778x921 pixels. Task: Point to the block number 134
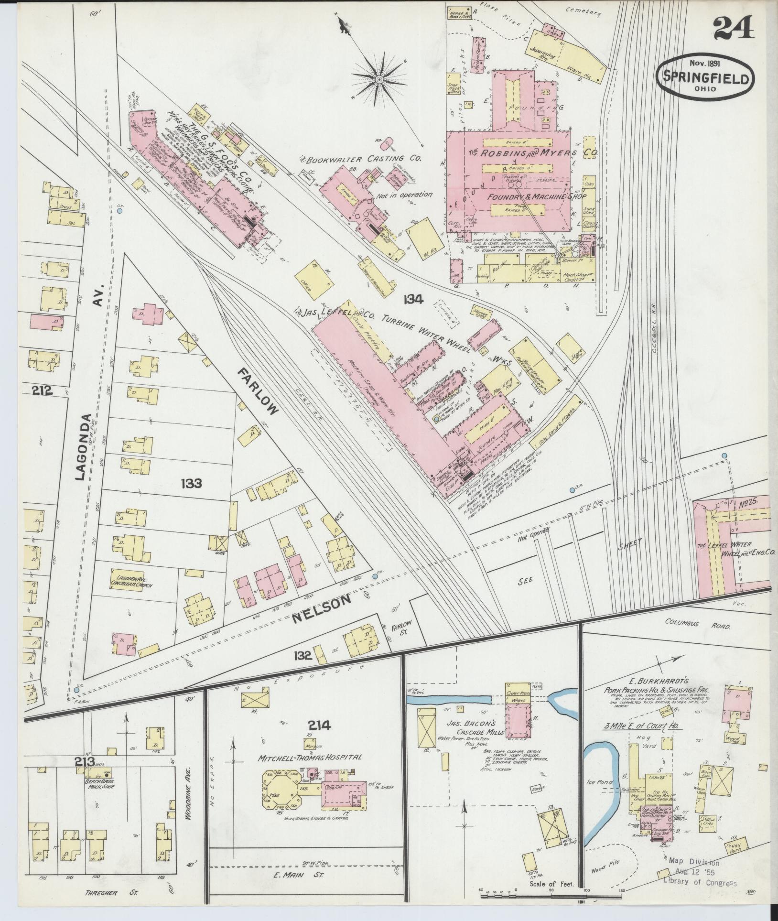click(413, 300)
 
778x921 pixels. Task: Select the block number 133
click(191, 484)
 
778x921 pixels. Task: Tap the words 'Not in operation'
click(404, 195)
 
